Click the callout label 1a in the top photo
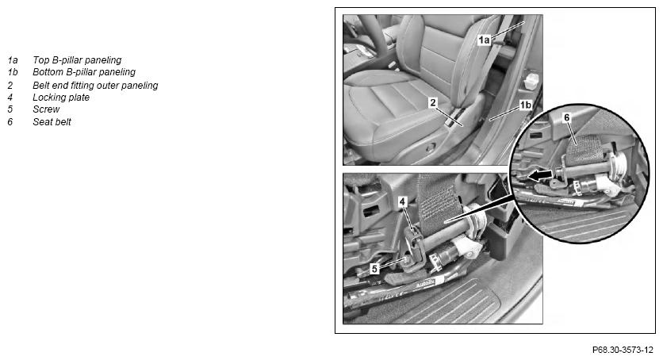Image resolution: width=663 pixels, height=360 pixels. tap(484, 40)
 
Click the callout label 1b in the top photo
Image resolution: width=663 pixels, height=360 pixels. tap(525, 105)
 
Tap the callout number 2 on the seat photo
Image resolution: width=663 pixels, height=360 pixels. tap(432, 102)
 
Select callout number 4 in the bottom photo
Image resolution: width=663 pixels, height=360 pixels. tap(402, 202)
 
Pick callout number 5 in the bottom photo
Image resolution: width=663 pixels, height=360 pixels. tap(374, 269)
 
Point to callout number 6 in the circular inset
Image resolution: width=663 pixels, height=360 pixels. tap(566, 118)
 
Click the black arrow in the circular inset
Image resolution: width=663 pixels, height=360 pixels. tap(540, 175)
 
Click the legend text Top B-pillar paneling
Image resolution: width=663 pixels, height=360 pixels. tap(77, 60)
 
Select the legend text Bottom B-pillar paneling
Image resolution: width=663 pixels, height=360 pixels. tap(84, 72)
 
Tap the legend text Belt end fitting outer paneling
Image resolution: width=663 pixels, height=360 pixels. tap(95, 86)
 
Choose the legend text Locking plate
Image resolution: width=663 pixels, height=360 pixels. tap(61, 98)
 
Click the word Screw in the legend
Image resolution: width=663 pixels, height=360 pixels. tap(46, 109)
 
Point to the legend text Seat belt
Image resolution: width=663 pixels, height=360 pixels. tap(52, 121)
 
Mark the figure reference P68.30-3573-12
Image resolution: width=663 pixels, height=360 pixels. tap(623, 350)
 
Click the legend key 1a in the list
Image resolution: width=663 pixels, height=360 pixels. tap(13, 60)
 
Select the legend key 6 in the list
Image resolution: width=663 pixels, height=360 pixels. tap(10, 121)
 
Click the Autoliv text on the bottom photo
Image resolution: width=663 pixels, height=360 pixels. tap(425, 285)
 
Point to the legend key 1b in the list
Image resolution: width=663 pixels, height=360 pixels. tap(13, 72)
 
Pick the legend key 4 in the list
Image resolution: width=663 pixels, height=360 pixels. tap(10, 98)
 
